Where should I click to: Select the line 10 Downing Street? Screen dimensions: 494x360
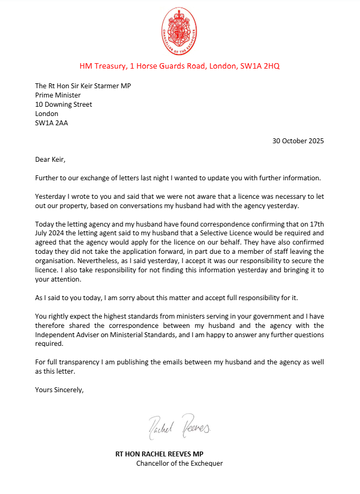63,104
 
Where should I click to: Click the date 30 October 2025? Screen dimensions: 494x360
298,141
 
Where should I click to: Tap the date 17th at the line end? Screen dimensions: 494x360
315,224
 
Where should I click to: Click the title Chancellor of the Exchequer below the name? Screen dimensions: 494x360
179,463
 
